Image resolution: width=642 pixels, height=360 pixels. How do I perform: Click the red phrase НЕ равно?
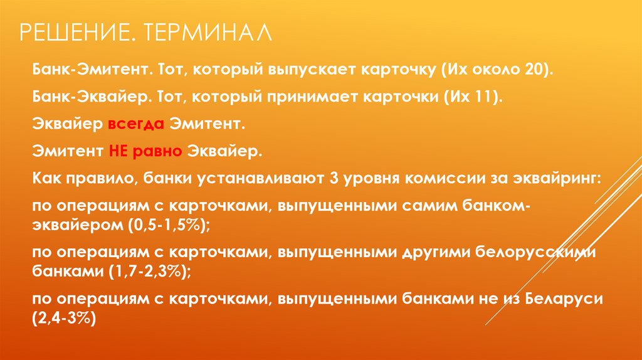click(x=145, y=151)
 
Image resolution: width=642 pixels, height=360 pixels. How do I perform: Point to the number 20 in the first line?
click(x=534, y=69)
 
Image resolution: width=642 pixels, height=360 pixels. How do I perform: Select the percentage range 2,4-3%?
click(x=63, y=318)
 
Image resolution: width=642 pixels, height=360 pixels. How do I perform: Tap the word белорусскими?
click(x=536, y=252)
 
